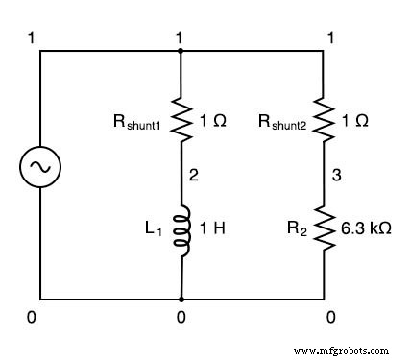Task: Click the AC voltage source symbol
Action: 40,168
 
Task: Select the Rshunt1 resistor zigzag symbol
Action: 181,120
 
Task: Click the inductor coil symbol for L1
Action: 181,230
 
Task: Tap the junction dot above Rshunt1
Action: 181,50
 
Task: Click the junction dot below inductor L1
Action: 181,298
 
